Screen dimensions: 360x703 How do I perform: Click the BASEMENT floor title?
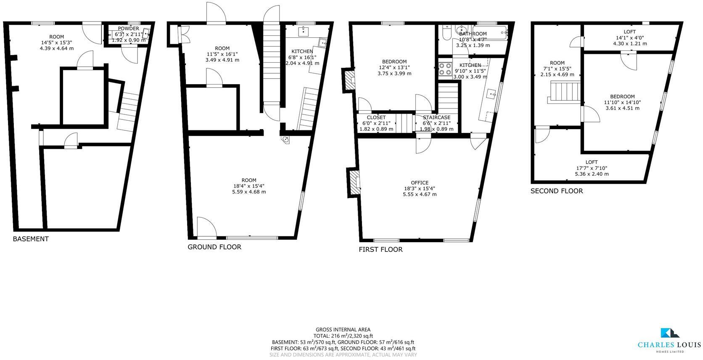click(x=31, y=239)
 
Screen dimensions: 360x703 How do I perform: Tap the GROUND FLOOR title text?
click(x=214, y=247)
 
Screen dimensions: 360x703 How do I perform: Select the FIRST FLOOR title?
click(x=381, y=249)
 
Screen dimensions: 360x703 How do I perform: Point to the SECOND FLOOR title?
click(x=557, y=191)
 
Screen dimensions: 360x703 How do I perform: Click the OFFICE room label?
click(x=420, y=183)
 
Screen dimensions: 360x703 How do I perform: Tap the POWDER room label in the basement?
click(x=128, y=29)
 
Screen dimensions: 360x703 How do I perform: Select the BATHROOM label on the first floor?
click(x=473, y=34)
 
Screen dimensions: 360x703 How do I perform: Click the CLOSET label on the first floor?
click(x=376, y=117)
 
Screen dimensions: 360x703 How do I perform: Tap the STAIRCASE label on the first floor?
click(x=436, y=117)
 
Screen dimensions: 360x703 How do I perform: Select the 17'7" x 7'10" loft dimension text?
click(x=592, y=168)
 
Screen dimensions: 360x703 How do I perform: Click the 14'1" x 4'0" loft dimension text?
click(x=629, y=37)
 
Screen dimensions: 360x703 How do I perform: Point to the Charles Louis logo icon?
click(x=669, y=333)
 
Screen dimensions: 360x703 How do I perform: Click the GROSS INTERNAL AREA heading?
click(x=343, y=330)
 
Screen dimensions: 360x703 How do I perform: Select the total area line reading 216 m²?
click(x=343, y=336)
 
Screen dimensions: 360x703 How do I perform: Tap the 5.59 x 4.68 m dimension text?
click(x=249, y=192)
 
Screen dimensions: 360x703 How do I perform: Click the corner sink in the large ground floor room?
click(x=286, y=139)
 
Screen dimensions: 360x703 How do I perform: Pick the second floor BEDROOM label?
click(x=623, y=96)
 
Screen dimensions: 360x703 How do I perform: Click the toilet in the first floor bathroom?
click(x=446, y=32)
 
